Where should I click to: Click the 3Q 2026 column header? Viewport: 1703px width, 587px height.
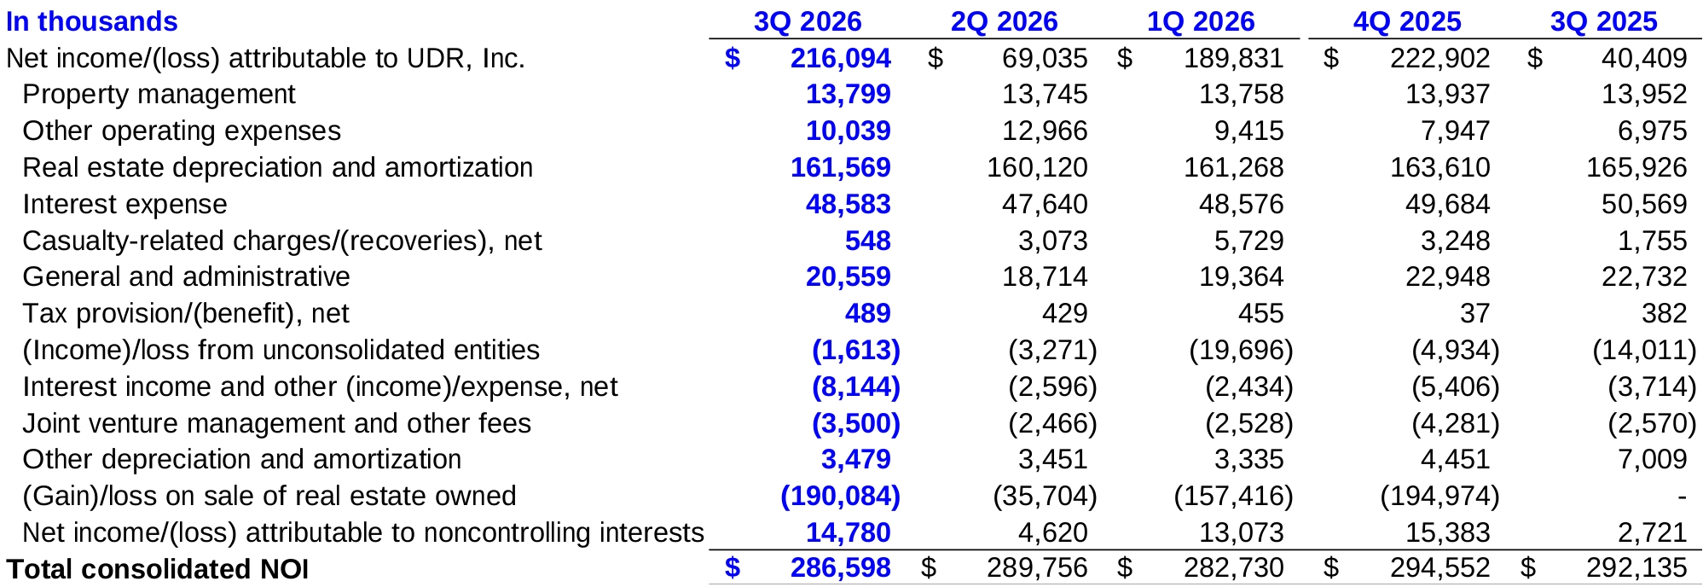pos(807,21)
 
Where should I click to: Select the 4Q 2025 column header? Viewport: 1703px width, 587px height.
pos(1407,21)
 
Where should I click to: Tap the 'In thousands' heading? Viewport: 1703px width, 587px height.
pos(92,21)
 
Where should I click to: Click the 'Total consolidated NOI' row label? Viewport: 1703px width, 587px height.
pos(158,569)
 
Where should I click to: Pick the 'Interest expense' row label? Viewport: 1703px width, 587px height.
pos(125,205)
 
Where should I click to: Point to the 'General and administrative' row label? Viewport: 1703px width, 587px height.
pos(186,277)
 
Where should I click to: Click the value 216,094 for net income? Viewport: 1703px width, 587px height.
pos(840,58)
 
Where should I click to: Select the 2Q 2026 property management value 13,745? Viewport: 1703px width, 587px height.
pos(1045,94)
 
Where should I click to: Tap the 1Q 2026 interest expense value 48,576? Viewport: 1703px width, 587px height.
pos(1241,205)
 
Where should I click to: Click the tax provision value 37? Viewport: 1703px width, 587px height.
pos(1474,314)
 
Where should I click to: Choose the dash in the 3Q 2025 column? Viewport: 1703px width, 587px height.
pos(1682,497)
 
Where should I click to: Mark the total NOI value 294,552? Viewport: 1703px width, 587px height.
pos(1439,568)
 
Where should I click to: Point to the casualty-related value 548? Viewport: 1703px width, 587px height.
pos(867,241)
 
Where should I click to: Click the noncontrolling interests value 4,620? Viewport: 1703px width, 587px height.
pos(1052,533)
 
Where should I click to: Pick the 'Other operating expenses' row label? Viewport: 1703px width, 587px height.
pos(182,131)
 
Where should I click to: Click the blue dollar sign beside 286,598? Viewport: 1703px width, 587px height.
pos(733,568)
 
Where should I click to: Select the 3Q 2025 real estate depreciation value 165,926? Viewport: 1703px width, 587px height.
pos(1636,167)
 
